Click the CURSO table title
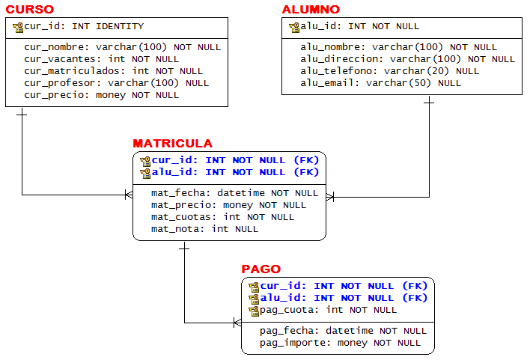(x=30, y=10)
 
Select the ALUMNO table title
(x=311, y=10)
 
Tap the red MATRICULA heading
(x=172, y=144)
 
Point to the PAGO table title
(x=261, y=269)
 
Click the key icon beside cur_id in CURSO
(x=18, y=27)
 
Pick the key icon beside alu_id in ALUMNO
(x=294, y=27)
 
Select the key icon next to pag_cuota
(x=254, y=310)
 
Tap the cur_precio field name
(x=57, y=95)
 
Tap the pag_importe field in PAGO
(x=295, y=343)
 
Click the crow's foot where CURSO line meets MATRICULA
(x=129, y=195)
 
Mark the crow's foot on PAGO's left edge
(x=237, y=323)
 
